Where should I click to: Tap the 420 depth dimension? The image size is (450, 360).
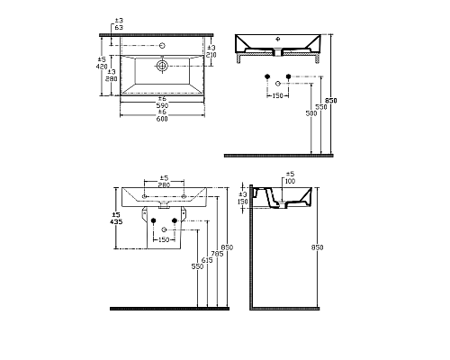tap(102, 66)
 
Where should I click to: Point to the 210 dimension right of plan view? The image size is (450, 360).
tap(211, 55)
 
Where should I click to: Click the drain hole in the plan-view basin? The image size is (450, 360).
tap(162, 65)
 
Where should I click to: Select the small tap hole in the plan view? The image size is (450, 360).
tap(162, 44)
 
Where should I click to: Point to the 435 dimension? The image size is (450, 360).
tap(115, 220)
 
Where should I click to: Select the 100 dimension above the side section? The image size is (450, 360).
tap(290, 182)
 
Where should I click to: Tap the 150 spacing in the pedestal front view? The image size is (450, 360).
tap(164, 240)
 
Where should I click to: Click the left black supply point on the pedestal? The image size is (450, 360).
tap(154, 220)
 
